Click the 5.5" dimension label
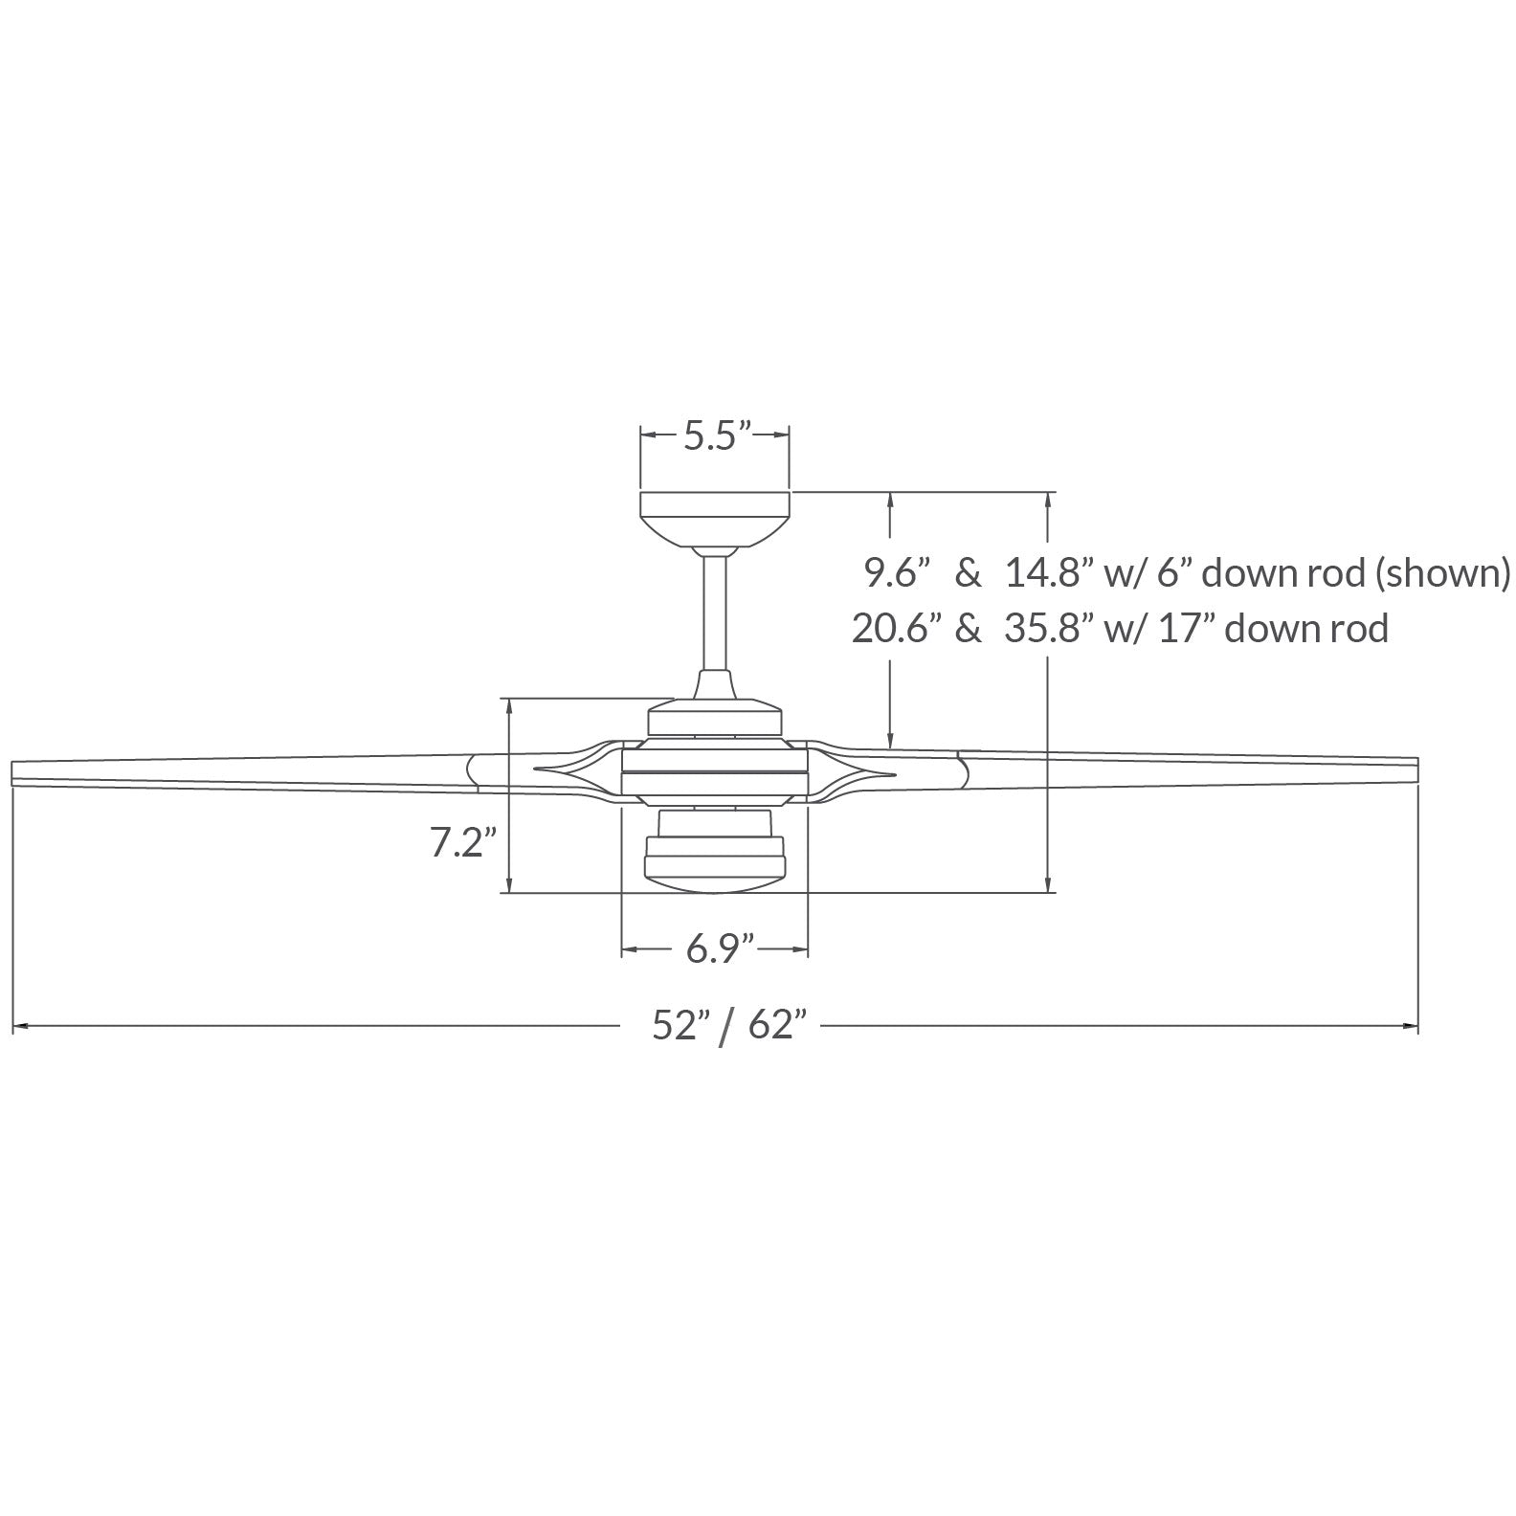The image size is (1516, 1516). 714,436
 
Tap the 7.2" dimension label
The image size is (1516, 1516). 462,842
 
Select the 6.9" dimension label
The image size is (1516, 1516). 719,950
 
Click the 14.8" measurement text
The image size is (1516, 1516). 1049,574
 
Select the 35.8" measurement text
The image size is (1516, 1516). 1049,629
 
